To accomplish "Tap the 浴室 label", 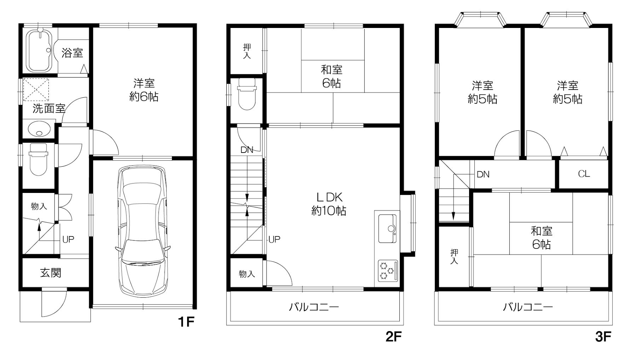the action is (x=72, y=53).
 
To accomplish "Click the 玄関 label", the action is (x=51, y=273).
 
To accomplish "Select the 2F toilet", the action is (x=247, y=94).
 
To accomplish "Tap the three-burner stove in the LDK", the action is (x=387, y=271).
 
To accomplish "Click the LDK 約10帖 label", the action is (x=329, y=204).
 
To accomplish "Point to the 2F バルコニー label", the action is (x=314, y=307).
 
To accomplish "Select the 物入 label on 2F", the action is (x=247, y=274).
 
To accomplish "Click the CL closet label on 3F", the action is (x=584, y=174).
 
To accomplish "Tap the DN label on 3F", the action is (x=483, y=174).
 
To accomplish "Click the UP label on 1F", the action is (x=68, y=239).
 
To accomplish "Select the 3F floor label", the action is (x=603, y=337).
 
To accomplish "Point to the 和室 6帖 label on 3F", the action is (x=541, y=238).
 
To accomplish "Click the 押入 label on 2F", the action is (x=247, y=51).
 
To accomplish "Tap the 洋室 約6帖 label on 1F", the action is (x=144, y=90).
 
